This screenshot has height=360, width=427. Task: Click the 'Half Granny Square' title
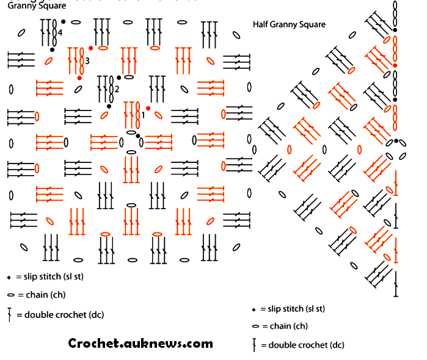tap(289, 24)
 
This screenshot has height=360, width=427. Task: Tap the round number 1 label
tap(143, 115)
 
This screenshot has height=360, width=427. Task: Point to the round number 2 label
tap(117, 90)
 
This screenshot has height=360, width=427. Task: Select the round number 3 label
tap(87, 61)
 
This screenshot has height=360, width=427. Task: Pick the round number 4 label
tap(60, 32)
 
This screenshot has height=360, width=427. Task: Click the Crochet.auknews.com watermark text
tap(141, 344)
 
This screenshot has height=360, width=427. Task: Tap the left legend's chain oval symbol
tap(10, 295)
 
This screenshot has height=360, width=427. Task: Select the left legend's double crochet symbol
tap(10, 315)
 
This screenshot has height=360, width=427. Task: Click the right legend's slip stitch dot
tap(254, 309)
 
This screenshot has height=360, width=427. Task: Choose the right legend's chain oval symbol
tap(255, 326)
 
